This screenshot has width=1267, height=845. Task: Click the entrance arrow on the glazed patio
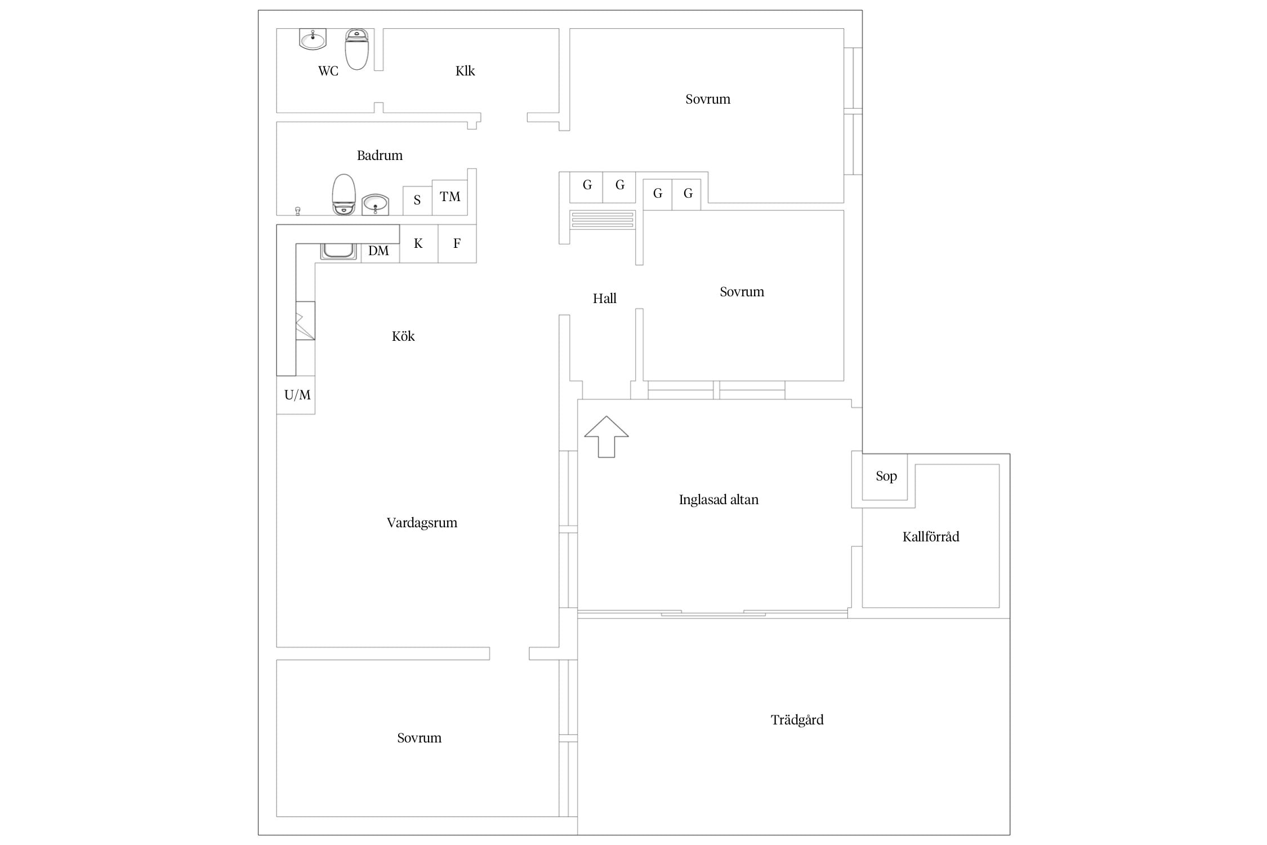(x=606, y=437)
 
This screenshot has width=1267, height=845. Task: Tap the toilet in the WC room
(x=356, y=49)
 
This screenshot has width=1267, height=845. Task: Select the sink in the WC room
(x=313, y=39)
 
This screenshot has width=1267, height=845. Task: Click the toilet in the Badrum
(x=343, y=194)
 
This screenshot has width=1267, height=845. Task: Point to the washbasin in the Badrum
(x=375, y=204)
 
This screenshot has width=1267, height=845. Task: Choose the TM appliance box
(x=450, y=197)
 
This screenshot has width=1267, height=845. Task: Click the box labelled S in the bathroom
(x=417, y=201)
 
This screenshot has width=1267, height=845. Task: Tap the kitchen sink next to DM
(x=339, y=251)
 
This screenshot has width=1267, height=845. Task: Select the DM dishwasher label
(x=378, y=251)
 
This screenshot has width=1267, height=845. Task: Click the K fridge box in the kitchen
(x=418, y=243)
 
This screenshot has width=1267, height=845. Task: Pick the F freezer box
(x=457, y=243)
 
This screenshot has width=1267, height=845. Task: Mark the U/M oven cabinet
(x=296, y=395)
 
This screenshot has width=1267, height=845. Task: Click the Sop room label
(x=886, y=477)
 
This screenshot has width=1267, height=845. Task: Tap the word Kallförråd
(x=931, y=537)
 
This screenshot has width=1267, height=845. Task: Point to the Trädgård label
(x=797, y=720)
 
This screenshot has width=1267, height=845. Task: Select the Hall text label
(x=605, y=299)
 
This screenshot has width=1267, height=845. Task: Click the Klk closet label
(x=465, y=71)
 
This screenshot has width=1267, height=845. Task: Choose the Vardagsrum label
(x=422, y=523)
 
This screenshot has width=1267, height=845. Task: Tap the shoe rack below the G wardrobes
(x=603, y=220)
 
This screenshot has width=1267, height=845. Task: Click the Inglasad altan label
(x=719, y=500)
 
